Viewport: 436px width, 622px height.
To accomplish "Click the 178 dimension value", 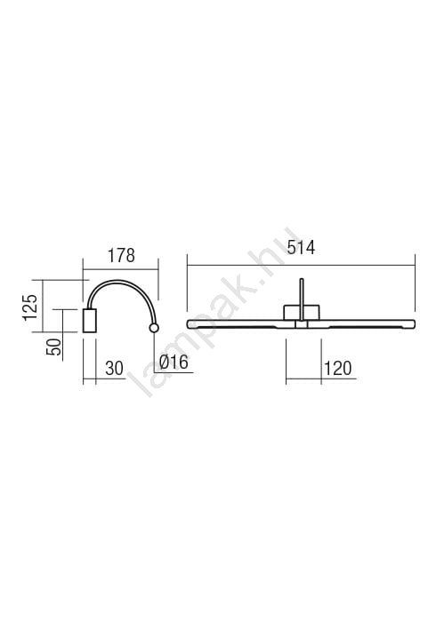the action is tap(122, 256).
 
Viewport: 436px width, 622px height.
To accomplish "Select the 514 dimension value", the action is tap(301, 248).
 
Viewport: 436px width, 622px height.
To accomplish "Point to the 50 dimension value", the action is tap(54, 347).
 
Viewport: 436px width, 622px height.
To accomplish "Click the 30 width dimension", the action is tap(115, 369).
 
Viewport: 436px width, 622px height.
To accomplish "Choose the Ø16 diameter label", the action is tap(174, 363).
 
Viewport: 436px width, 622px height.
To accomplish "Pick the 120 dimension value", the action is tap(338, 369).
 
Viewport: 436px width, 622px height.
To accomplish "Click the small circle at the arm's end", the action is tap(154, 328).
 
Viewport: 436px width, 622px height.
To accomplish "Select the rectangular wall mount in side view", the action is tap(90, 321).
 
